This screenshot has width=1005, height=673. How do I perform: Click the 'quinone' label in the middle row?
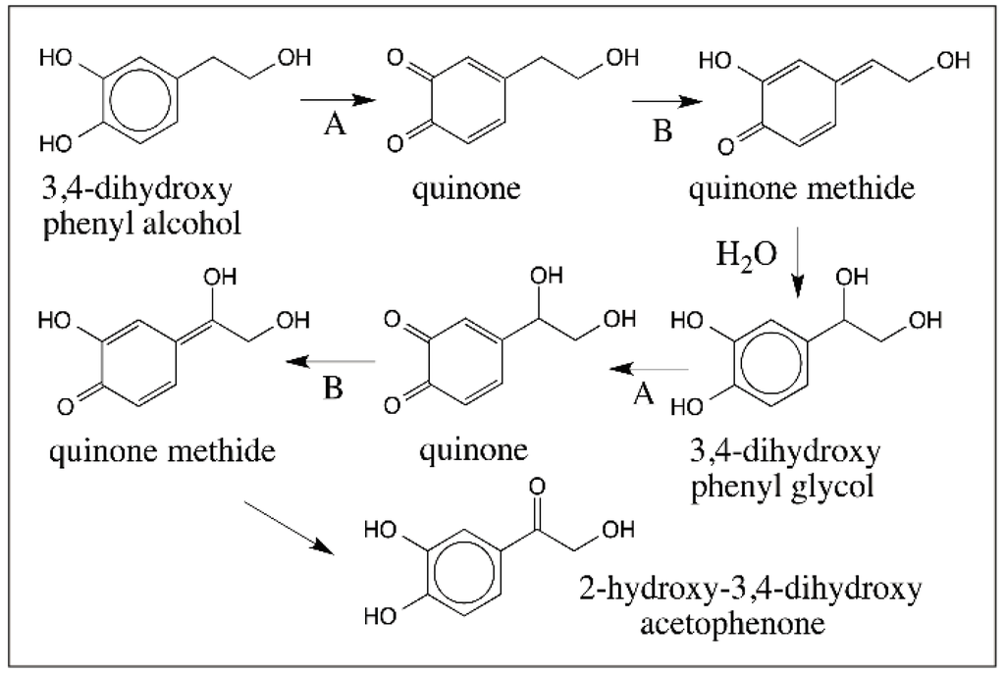[x=475, y=450]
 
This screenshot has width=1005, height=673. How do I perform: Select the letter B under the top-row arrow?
[x=663, y=130]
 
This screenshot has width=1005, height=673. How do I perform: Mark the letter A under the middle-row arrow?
[x=644, y=393]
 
